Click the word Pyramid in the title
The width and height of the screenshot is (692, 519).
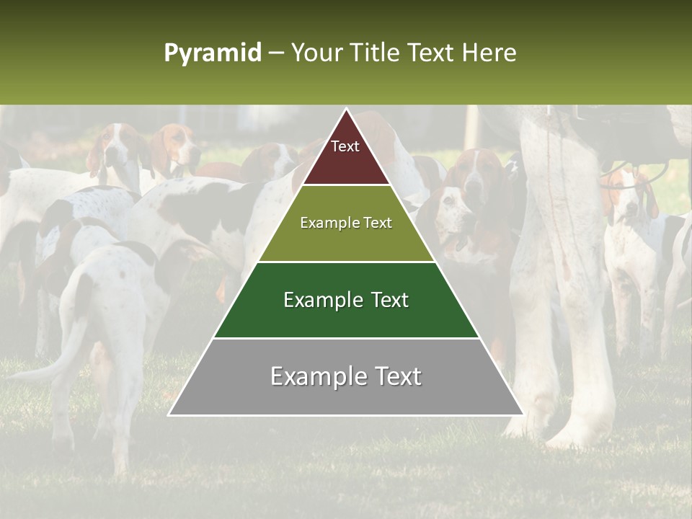pos(212,53)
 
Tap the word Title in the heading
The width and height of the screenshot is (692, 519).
pos(374,53)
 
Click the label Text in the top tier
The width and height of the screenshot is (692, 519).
pos(345,147)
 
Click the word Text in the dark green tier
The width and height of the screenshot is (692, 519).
pos(386,300)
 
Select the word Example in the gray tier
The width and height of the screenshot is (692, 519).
pos(316,376)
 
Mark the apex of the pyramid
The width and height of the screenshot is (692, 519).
pos(346,109)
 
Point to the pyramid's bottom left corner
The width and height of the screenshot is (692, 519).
pos(169,414)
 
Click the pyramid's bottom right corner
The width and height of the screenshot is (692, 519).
pos(523,414)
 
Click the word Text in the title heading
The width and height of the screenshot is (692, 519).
pos(432,53)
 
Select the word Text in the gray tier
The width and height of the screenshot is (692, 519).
pos(396,376)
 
